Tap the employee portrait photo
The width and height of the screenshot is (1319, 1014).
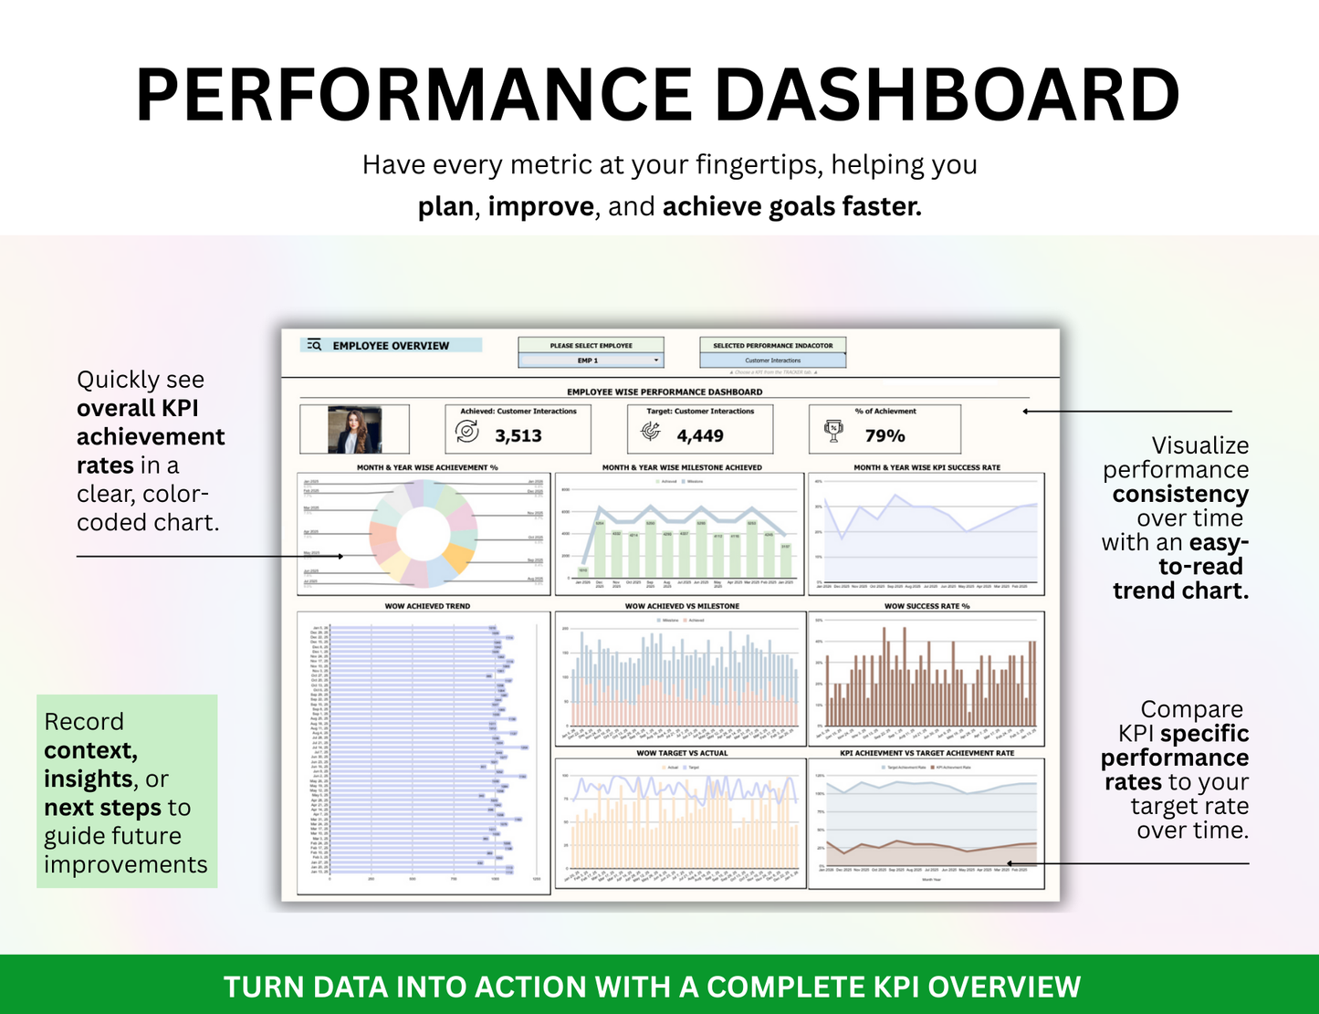pos(354,430)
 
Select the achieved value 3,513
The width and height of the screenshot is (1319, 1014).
pos(518,436)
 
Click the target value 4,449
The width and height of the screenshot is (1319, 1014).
pos(700,436)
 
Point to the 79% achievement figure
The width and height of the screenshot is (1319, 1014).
pos(885,436)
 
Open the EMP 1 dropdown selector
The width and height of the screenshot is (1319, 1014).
pos(591,361)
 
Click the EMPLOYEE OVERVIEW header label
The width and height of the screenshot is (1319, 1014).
pos(391,346)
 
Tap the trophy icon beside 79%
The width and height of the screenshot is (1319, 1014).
pos(833,431)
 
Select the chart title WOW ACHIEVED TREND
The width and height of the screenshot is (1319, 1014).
pos(427,606)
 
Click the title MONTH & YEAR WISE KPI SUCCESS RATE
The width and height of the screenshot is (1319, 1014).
pos(926,467)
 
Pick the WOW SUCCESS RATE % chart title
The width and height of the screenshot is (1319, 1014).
pos(926,606)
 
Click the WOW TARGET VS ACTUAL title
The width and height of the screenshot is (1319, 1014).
pos(682,753)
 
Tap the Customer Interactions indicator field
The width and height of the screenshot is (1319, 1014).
pos(772,361)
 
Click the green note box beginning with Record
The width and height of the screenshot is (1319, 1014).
pos(127,791)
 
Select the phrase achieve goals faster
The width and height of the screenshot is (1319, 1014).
pos(791,207)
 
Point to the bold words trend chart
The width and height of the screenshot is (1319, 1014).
pos(1179,591)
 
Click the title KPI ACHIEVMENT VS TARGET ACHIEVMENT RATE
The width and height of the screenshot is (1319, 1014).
pos(926,753)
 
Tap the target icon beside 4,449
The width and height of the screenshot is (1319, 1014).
pos(651,431)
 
